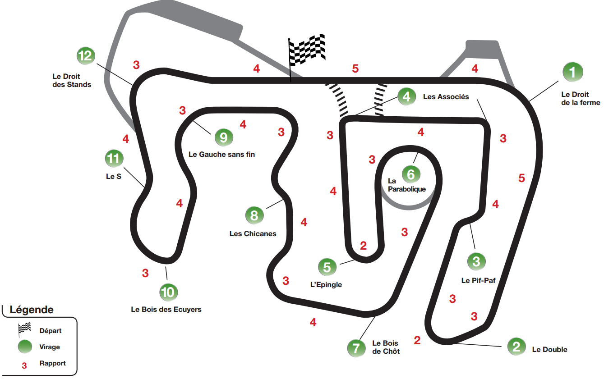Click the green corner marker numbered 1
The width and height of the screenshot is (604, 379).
coord(572,72)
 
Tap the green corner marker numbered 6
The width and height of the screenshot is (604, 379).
coord(410,174)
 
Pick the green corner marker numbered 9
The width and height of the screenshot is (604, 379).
coord(224,137)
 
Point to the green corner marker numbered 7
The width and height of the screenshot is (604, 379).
coord(356,348)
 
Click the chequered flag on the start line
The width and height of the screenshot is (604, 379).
coord(307,49)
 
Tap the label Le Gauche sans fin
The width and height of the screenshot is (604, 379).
coord(221,154)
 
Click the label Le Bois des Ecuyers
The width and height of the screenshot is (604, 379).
coord(166,309)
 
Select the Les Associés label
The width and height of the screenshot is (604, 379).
coord(446,96)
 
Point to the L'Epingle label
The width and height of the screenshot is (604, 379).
coord(326,284)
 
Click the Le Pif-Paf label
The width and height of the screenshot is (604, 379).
coord(478,280)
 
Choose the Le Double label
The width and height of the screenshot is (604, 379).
coord(549,349)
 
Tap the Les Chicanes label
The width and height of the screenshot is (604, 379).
coord(253,233)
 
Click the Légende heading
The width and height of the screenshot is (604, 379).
coord(32,310)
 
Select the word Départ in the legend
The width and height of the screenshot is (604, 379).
coord(51,330)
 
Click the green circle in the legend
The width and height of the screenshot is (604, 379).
coord(24,347)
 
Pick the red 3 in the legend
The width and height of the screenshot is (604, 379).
coord(24,365)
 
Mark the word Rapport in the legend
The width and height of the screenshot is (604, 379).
coord(52,363)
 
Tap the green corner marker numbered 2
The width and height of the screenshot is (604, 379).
coord(516,346)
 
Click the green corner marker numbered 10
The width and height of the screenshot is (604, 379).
coord(168,292)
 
